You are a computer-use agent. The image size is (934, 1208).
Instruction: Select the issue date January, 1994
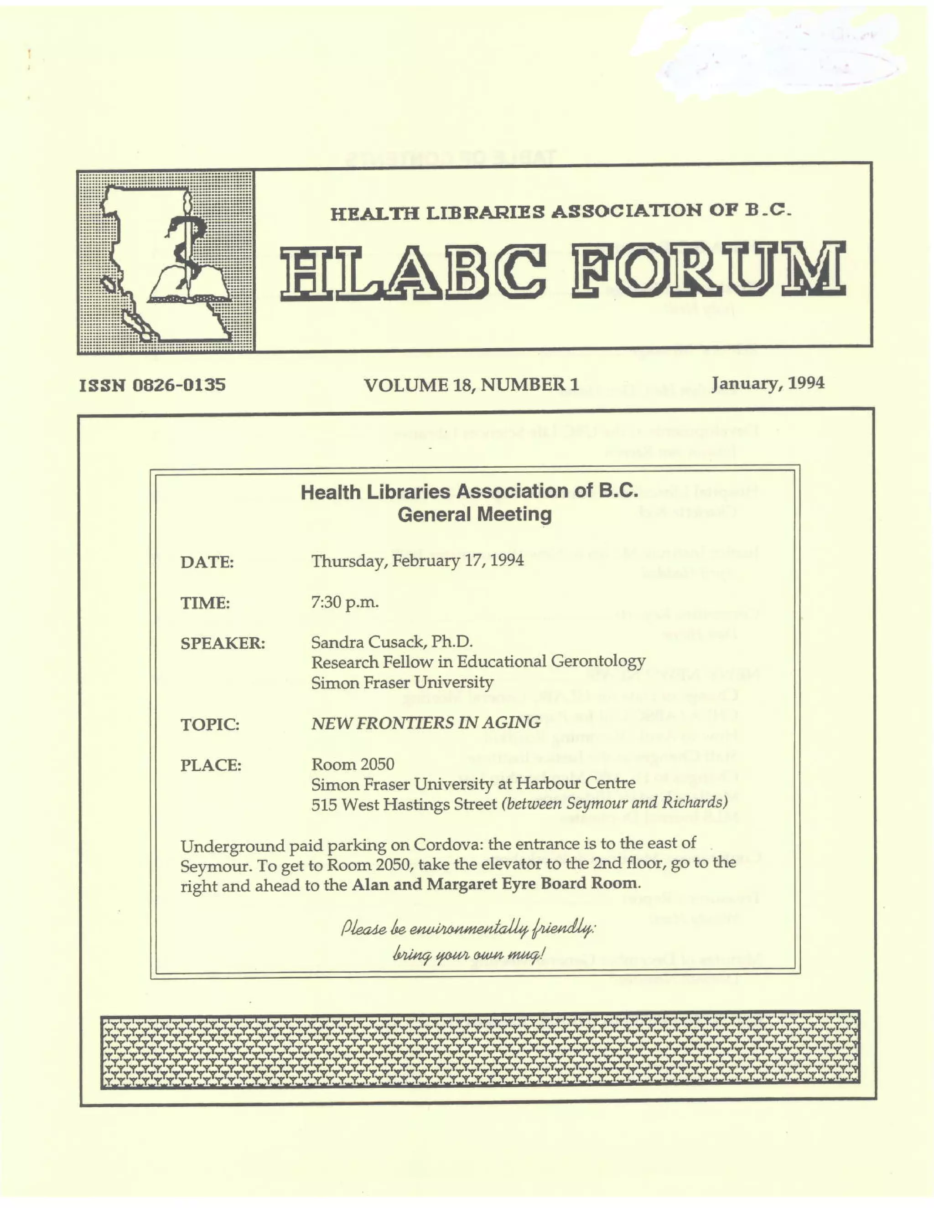(768, 383)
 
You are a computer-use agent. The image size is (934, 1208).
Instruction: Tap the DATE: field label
(207, 563)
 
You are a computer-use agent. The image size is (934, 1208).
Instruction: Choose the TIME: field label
(205, 603)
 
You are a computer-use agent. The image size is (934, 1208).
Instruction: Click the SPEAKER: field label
(223, 643)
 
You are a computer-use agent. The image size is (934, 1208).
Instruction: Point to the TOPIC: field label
(210, 724)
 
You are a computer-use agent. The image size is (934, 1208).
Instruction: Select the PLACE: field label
(211, 765)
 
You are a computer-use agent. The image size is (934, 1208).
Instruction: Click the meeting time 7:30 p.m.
(345, 602)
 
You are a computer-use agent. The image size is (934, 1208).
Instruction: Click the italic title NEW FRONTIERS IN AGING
(425, 723)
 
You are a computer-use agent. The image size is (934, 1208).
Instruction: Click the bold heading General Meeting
(475, 515)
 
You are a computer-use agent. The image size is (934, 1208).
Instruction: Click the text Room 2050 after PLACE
(353, 764)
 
